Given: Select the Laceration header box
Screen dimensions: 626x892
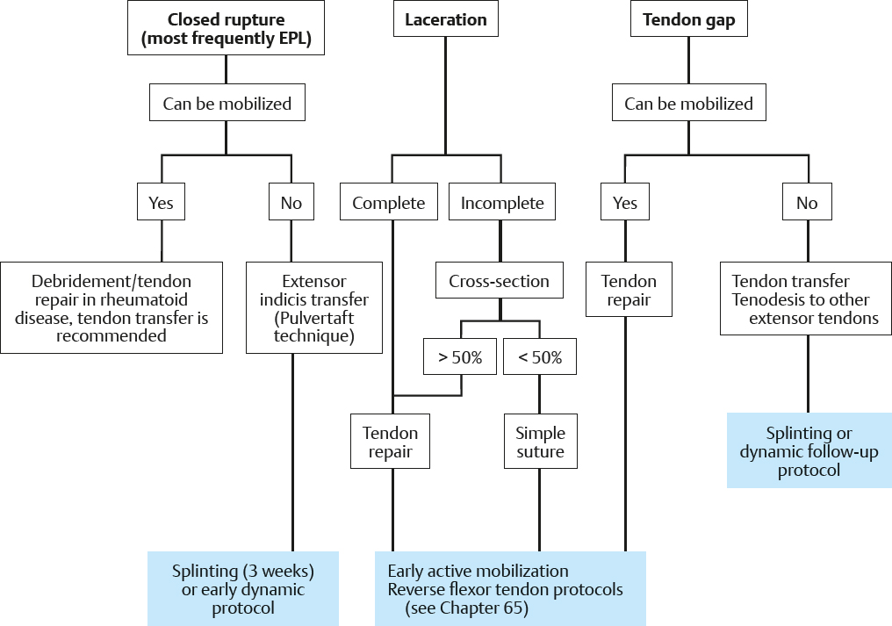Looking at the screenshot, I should (x=446, y=20).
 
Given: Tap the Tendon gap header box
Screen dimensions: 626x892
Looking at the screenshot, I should (x=688, y=20).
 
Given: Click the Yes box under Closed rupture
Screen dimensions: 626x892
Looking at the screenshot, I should (x=161, y=203).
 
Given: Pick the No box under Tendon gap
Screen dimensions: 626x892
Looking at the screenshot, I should (x=807, y=203).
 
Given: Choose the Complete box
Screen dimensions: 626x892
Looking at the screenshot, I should (x=389, y=203).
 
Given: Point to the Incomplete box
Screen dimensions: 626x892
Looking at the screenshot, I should (x=502, y=203).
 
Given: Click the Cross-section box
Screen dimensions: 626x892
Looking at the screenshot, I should (x=499, y=281).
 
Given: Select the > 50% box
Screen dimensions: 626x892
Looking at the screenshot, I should (x=460, y=358).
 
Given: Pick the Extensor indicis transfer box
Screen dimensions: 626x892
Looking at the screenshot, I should (x=314, y=307).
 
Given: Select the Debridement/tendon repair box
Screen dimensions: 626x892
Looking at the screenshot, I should (x=111, y=307).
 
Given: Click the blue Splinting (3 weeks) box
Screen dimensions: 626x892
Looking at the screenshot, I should (x=243, y=588).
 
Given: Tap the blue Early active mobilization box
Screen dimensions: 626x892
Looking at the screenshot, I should (x=509, y=588).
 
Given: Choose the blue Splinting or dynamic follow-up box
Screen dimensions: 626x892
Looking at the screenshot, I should (x=809, y=451).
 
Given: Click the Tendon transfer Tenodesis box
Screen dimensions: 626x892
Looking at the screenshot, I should (x=805, y=299).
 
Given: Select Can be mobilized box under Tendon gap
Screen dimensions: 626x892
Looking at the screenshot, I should (x=688, y=104).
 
